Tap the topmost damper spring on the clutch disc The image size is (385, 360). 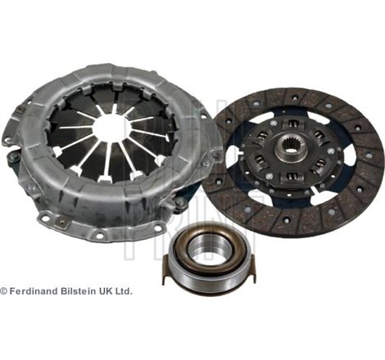coord(291,125)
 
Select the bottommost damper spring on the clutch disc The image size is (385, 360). coord(290,177)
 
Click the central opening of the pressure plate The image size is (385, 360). coord(109,128)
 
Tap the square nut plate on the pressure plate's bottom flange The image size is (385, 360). coord(61,223)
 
